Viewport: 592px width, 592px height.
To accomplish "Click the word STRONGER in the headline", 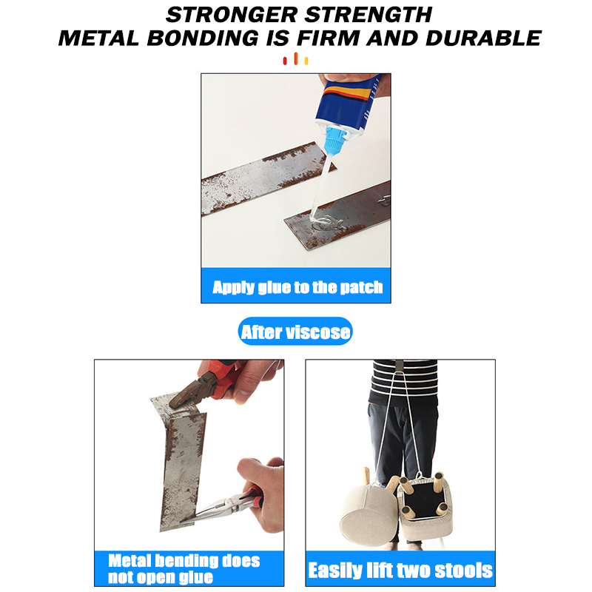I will (x=229, y=13).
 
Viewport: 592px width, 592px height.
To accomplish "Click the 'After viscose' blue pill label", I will (x=295, y=332).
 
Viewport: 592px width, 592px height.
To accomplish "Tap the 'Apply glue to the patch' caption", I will (x=296, y=286).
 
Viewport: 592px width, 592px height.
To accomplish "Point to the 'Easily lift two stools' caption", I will (x=400, y=569).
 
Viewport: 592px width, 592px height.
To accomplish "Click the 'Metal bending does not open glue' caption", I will (x=185, y=568).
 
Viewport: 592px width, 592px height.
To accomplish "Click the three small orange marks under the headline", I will (x=295, y=59).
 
